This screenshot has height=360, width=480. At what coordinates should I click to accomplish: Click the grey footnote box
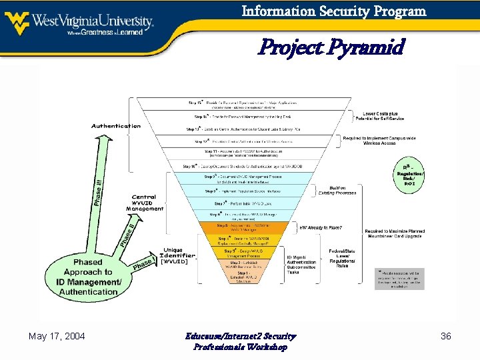[x=399, y=279]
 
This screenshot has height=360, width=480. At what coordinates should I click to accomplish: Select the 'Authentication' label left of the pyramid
[x=116, y=126]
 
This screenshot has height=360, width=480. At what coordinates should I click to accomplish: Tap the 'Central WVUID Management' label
[x=144, y=203]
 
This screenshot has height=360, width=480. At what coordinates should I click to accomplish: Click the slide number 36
[x=446, y=337]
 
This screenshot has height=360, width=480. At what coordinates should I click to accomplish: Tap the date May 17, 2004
[x=57, y=337]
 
